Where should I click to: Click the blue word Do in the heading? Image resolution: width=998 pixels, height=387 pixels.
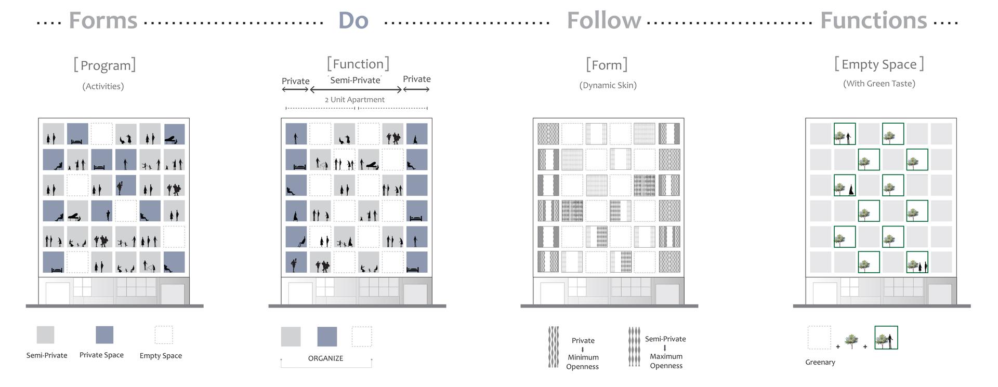[x=353, y=21]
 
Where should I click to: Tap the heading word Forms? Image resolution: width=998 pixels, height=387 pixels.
[x=103, y=21]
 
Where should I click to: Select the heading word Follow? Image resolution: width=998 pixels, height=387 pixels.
[x=604, y=21]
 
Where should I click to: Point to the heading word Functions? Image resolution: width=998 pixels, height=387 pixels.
[x=874, y=21]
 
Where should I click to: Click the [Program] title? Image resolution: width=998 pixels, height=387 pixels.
[x=104, y=65]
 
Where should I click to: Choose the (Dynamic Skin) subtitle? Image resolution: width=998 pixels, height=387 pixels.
[x=608, y=85]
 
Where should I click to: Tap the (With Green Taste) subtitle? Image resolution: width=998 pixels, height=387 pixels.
[x=879, y=83]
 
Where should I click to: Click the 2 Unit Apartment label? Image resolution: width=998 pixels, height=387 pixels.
[x=354, y=100]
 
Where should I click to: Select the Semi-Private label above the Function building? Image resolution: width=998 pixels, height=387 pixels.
[x=356, y=80]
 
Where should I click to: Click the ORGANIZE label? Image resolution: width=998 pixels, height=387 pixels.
[x=326, y=358]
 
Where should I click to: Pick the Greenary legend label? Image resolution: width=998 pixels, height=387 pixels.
[x=820, y=362]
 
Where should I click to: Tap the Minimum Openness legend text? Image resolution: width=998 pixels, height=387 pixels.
[x=583, y=362]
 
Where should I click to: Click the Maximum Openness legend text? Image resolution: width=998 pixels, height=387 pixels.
[x=666, y=361]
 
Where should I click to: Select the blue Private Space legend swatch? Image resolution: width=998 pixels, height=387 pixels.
[x=104, y=335]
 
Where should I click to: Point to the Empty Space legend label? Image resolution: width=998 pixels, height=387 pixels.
[x=161, y=356]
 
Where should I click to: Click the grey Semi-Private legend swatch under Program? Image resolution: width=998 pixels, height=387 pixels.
[x=45, y=335]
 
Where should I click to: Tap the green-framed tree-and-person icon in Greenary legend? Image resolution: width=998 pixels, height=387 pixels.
[x=886, y=338]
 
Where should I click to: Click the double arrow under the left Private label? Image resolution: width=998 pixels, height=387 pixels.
[x=295, y=89]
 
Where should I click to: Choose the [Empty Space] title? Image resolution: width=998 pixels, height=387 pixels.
[x=879, y=64]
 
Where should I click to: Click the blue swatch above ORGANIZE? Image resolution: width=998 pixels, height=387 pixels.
[x=327, y=337]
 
